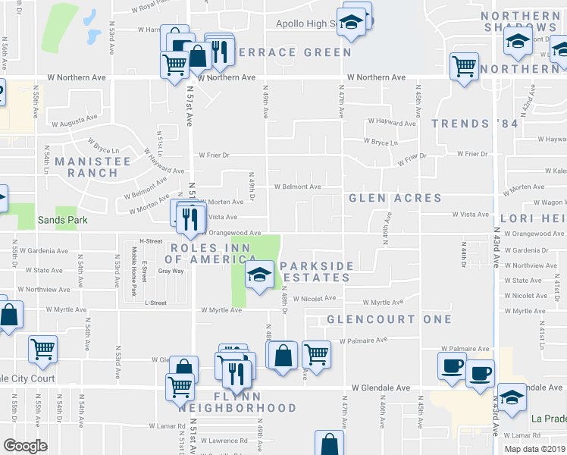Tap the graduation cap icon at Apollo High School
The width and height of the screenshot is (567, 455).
[x=351, y=23]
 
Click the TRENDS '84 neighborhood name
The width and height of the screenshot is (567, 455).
[x=475, y=124]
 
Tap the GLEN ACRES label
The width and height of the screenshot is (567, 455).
[x=395, y=198]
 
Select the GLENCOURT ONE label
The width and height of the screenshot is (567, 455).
[x=389, y=319]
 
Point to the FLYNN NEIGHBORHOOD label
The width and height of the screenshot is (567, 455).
[x=239, y=402]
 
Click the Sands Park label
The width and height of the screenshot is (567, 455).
[x=62, y=220]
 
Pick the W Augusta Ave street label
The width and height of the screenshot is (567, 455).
[x=74, y=118]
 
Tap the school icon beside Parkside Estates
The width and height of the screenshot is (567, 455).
[x=258, y=275]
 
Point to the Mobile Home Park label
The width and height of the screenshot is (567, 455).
[x=133, y=276]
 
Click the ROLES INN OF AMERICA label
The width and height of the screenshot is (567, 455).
[x=205, y=253]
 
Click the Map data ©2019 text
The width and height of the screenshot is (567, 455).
[x=534, y=448]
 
